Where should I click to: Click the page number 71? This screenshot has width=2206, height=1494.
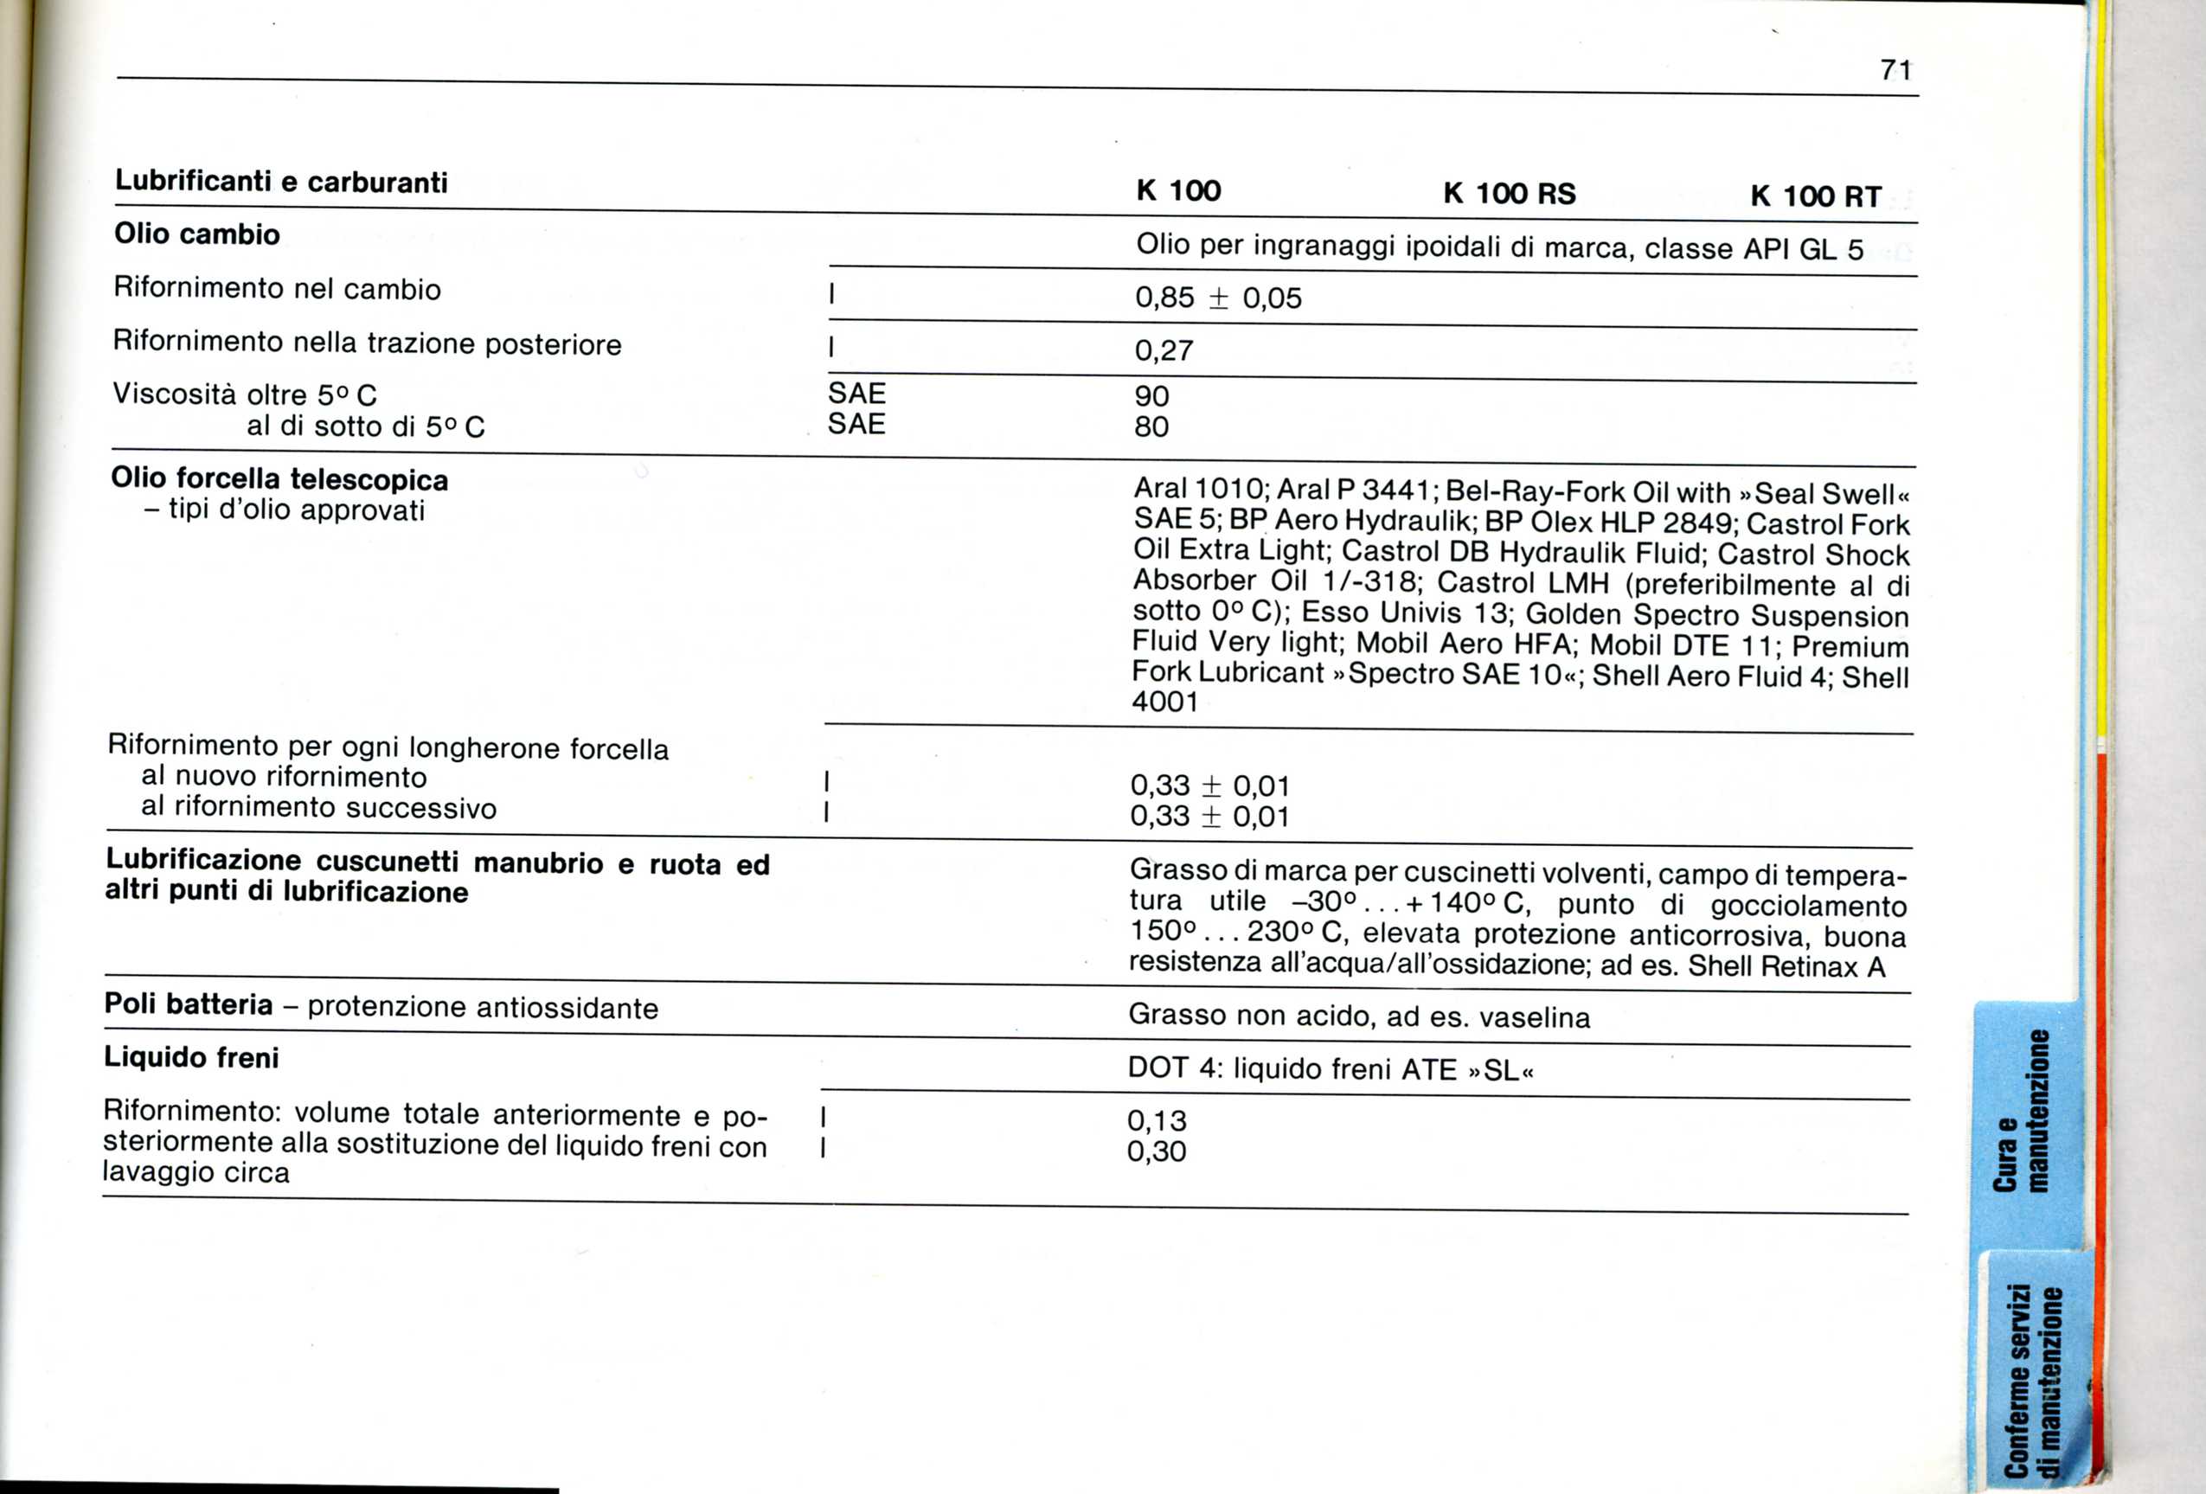1895,70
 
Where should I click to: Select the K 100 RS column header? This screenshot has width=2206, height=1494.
1510,195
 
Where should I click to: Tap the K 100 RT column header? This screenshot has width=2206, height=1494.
1815,197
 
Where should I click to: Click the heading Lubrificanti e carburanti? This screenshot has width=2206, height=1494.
281,182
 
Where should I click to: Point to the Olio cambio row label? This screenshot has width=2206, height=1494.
196,234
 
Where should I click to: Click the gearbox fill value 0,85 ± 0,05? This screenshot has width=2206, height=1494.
1218,298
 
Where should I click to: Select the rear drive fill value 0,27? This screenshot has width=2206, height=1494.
1164,351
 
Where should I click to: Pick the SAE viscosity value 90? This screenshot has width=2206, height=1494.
1151,396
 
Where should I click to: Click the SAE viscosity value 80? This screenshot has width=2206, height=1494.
1151,427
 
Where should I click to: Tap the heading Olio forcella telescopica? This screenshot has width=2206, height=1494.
279,479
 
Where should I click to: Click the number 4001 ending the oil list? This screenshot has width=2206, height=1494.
1164,702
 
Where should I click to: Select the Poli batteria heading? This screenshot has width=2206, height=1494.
188,1004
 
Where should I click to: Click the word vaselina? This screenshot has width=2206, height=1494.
1534,1018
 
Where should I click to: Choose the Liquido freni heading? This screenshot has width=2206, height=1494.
191,1057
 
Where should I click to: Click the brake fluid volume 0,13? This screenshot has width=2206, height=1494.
1156,1121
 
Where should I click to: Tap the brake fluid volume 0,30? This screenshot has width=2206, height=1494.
1156,1152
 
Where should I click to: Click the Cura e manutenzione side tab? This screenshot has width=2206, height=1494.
2023,1111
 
